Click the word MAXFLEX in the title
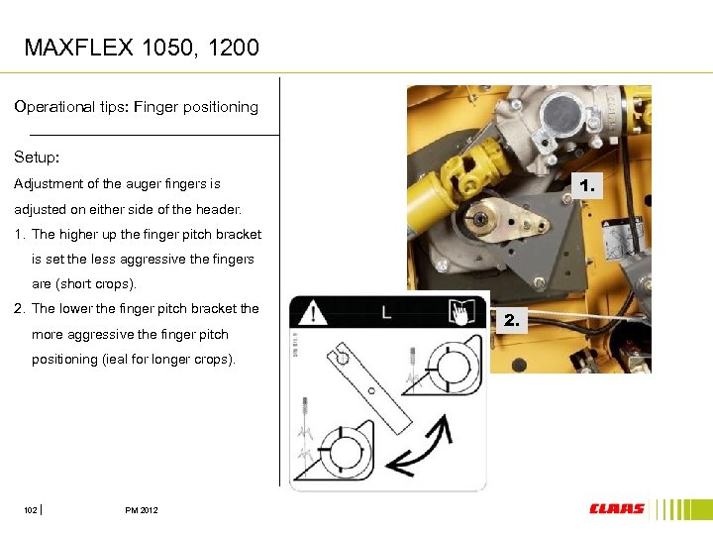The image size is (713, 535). coord(78,48)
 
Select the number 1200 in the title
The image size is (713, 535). coord(234,48)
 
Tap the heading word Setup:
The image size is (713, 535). coord(37,157)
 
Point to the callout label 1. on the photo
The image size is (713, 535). coord(587,185)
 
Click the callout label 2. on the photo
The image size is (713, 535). coord(512,320)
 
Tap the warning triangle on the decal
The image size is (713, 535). coord(312,312)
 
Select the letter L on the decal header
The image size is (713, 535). coord(386,312)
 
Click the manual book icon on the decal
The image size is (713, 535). coord(461,312)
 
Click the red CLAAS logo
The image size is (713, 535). coord(616,508)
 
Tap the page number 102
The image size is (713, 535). coord(30,510)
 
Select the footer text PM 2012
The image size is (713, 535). coord(142,510)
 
